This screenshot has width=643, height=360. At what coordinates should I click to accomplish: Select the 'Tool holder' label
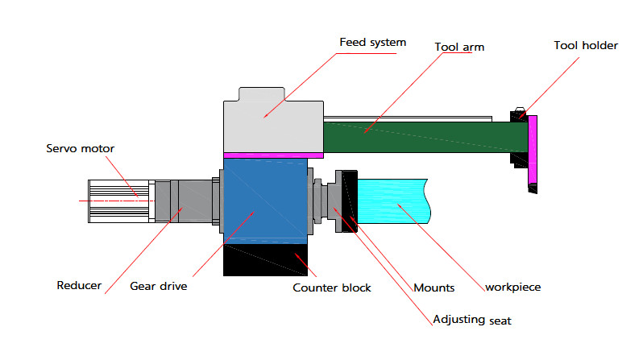point(586,46)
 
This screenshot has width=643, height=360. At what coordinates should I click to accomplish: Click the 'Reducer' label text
point(78,285)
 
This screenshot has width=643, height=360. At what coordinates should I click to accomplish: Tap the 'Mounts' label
point(435,286)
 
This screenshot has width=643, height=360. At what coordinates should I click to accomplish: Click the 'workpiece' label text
point(512,286)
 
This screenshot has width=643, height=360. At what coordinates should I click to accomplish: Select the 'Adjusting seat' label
point(473,321)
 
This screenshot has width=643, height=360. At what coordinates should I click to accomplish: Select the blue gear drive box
point(265,201)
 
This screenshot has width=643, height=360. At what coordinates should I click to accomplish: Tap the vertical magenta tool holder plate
point(533,150)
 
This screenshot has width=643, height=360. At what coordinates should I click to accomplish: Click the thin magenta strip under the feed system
point(273,155)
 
